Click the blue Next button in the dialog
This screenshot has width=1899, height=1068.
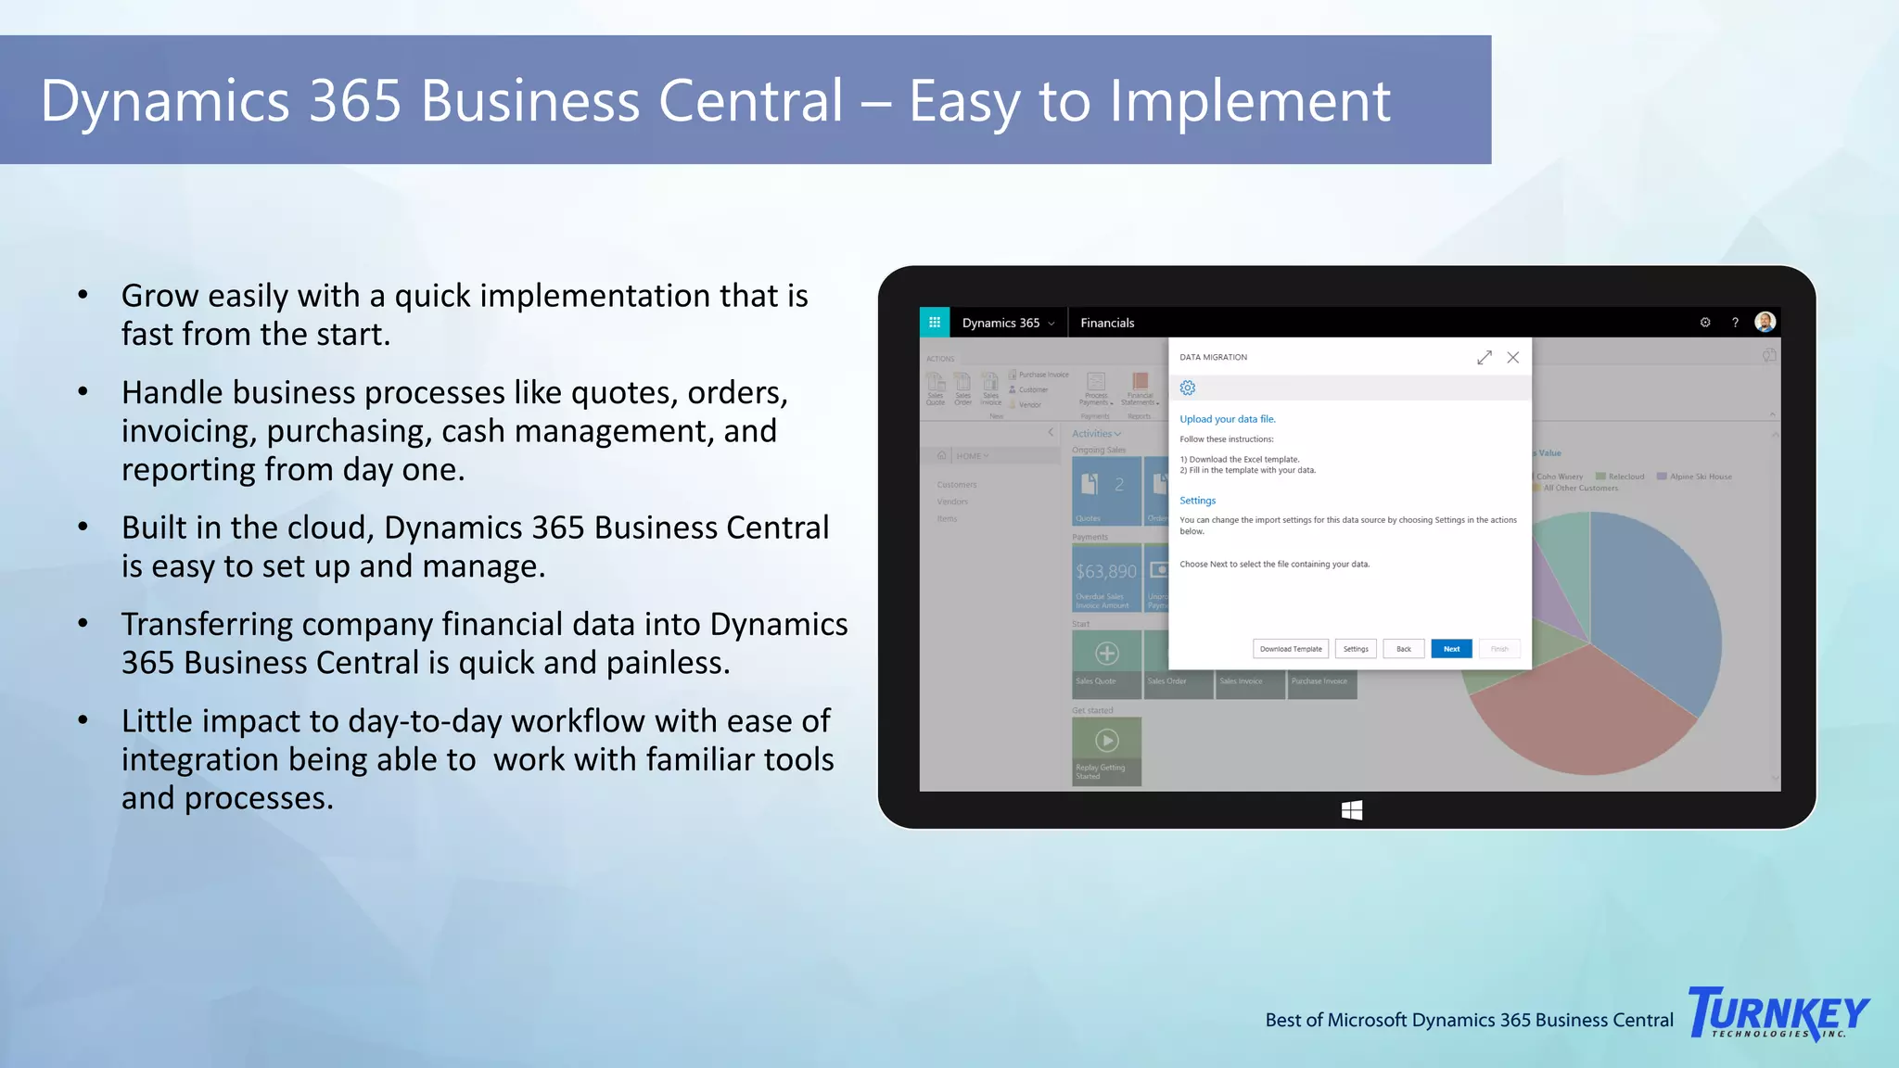click(x=1451, y=649)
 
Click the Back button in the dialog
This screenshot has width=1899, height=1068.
click(x=1404, y=649)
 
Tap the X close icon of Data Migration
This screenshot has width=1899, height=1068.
click(x=1513, y=358)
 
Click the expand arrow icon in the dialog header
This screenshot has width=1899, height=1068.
click(x=1485, y=358)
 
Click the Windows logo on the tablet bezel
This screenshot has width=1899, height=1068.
click(x=1352, y=810)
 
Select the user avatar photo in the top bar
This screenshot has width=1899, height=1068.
click(x=1765, y=322)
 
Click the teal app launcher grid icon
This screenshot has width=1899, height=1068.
click(x=935, y=323)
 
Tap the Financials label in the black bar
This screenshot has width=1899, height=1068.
click(x=1107, y=323)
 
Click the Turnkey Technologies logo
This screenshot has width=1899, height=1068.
click(x=1778, y=1013)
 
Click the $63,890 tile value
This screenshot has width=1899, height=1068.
click(x=1106, y=572)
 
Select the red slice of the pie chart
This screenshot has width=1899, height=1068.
click(x=1576, y=714)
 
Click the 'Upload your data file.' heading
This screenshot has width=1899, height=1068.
click(x=1228, y=419)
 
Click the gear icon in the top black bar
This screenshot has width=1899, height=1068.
click(x=1705, y=323)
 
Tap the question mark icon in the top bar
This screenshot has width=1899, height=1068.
click(x=1735, y=323)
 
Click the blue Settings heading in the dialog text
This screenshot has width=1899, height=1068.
click(x=1197, y=501)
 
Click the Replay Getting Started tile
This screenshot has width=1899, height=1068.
click(x=1106, y=751)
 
